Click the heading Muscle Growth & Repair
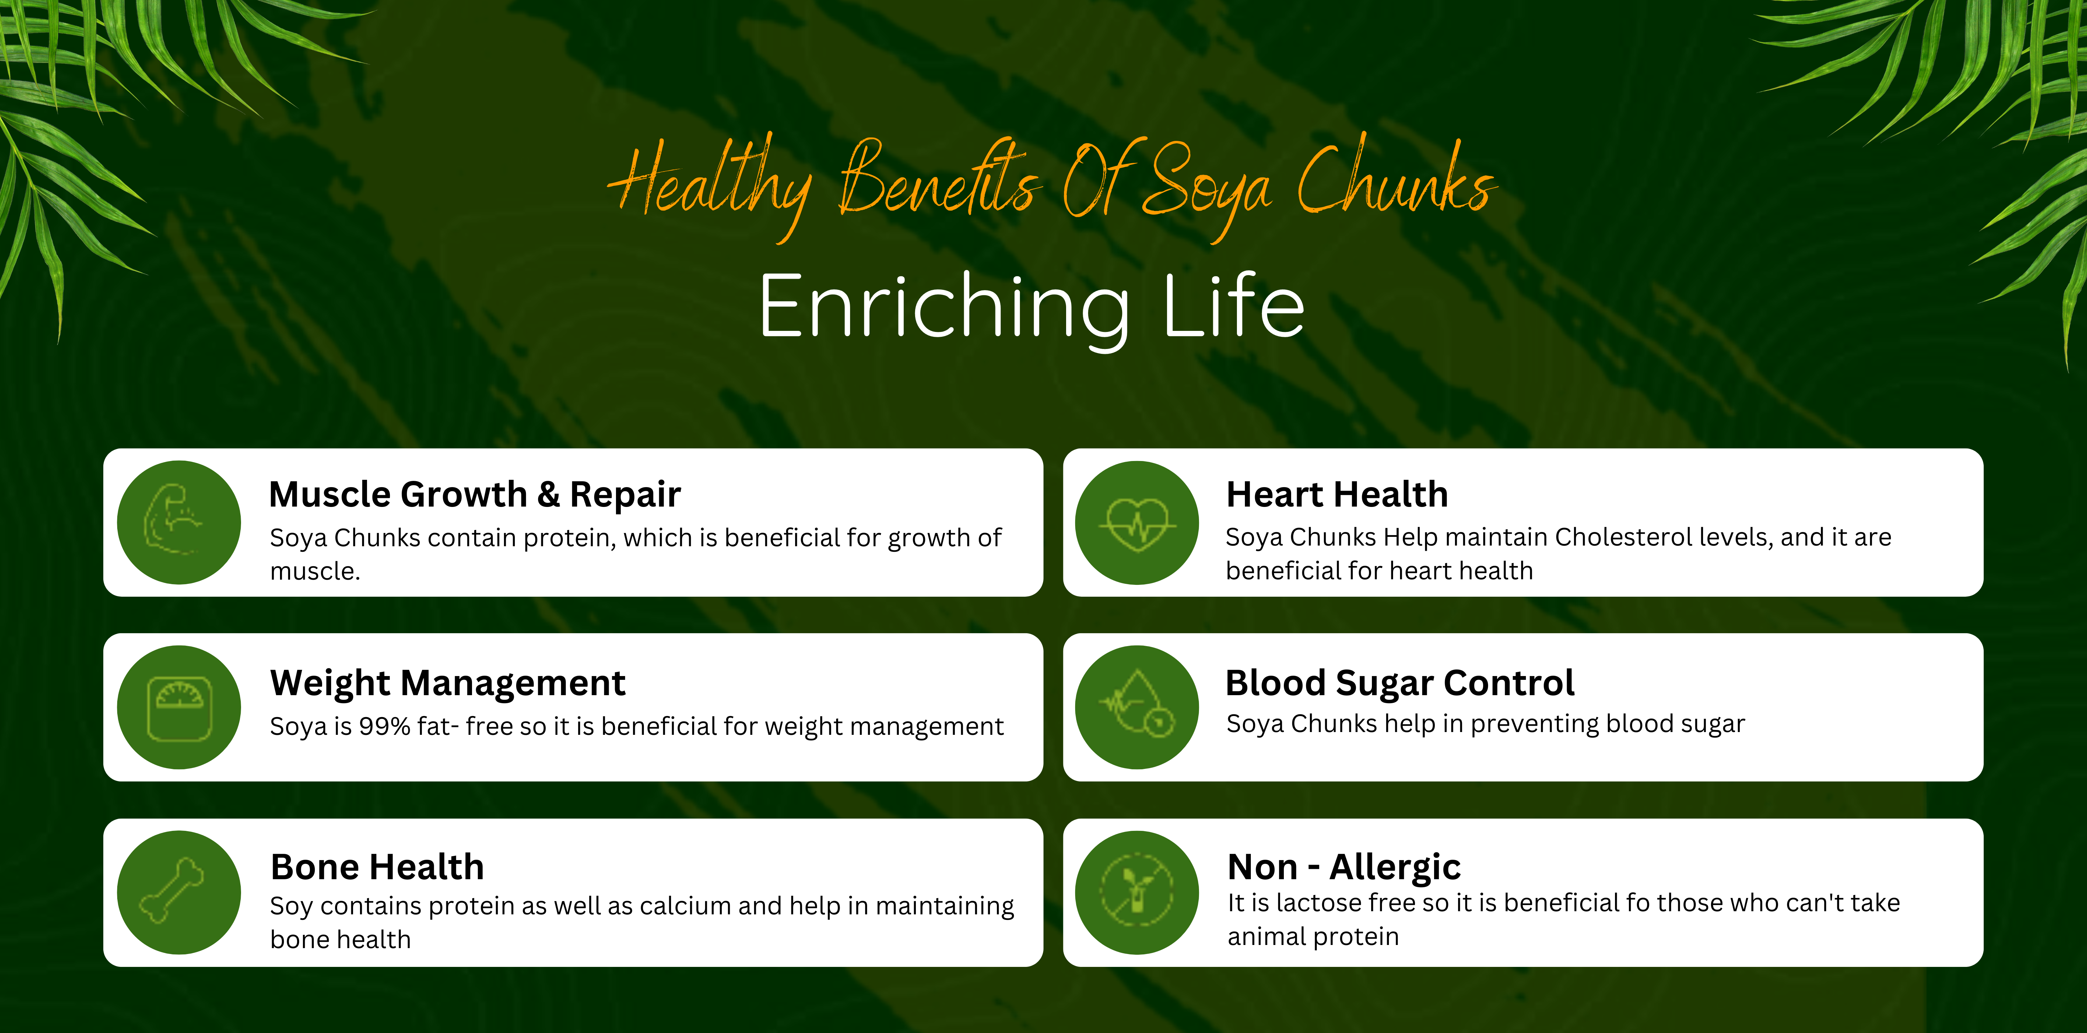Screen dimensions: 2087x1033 click(x=475, y=494)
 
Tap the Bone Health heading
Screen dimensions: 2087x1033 click(x=377, y=867)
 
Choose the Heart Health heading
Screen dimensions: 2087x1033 click(x=1337, y=494)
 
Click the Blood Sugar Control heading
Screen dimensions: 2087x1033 click(x=1400, y=683)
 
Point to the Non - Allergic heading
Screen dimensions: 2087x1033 click(x=1344, y=867)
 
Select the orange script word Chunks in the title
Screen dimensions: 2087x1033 click(x=1395, y=180)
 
